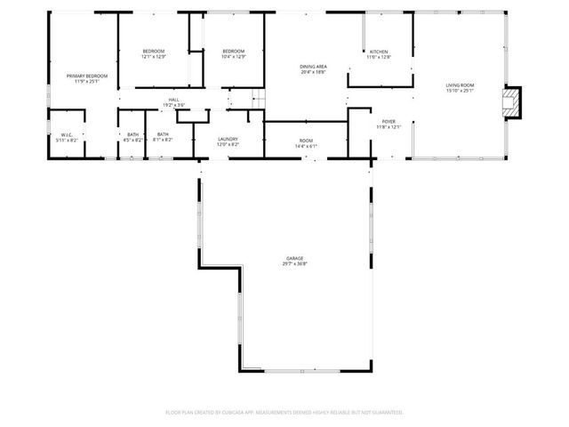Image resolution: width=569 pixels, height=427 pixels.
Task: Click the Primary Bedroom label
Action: (x=87, y=76)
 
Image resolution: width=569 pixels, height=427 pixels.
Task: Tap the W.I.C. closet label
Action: (x=67, y=134)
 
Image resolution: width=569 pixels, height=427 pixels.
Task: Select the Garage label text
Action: (x=283, y=258)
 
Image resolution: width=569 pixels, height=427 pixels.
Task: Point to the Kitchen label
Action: (x=379, y=52)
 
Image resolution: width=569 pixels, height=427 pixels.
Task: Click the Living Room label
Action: (x=460, y=85)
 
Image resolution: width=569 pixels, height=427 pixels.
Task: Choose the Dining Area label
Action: (x=313, y=67)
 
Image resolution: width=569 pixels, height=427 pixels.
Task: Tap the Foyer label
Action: (x=389, y=121)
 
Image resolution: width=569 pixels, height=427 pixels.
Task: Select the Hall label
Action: (x=173, y=100)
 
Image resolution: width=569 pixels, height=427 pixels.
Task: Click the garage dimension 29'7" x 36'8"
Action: (x=283, y=264)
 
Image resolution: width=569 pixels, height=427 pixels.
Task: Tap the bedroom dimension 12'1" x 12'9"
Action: (x=154, y=57)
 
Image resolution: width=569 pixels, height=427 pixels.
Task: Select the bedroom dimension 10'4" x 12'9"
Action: (x=233, y=57)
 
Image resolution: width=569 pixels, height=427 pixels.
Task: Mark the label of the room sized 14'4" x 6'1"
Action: (x=306, y=141)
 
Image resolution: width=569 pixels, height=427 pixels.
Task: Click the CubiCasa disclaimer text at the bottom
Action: (x=284, y=412)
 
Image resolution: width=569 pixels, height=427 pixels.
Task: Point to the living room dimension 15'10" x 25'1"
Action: (x=460, y=91)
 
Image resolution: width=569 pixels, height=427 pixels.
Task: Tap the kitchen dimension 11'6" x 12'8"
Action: (x=379, y=57)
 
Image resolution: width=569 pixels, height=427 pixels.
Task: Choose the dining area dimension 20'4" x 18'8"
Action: (x=313, y=72)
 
